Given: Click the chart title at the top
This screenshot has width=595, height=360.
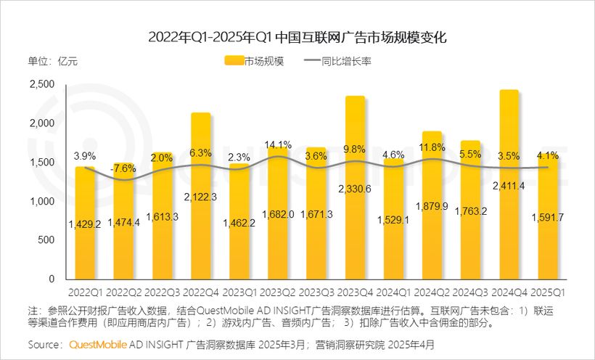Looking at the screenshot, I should [297, 36].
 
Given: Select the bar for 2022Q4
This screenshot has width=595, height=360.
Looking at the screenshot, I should [201, 196].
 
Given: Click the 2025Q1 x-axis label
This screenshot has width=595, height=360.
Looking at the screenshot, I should [549, 292].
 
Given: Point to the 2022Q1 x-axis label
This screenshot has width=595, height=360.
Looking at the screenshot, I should [86, 292].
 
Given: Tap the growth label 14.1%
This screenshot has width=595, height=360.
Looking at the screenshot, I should [278, 144].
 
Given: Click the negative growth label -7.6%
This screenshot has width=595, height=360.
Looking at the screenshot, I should [124, 169].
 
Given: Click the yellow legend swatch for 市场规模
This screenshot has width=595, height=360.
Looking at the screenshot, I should [233, 61].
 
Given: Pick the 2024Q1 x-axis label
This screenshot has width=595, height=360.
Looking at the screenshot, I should [394, 292].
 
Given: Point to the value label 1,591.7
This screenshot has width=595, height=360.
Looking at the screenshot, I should [549, 216].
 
